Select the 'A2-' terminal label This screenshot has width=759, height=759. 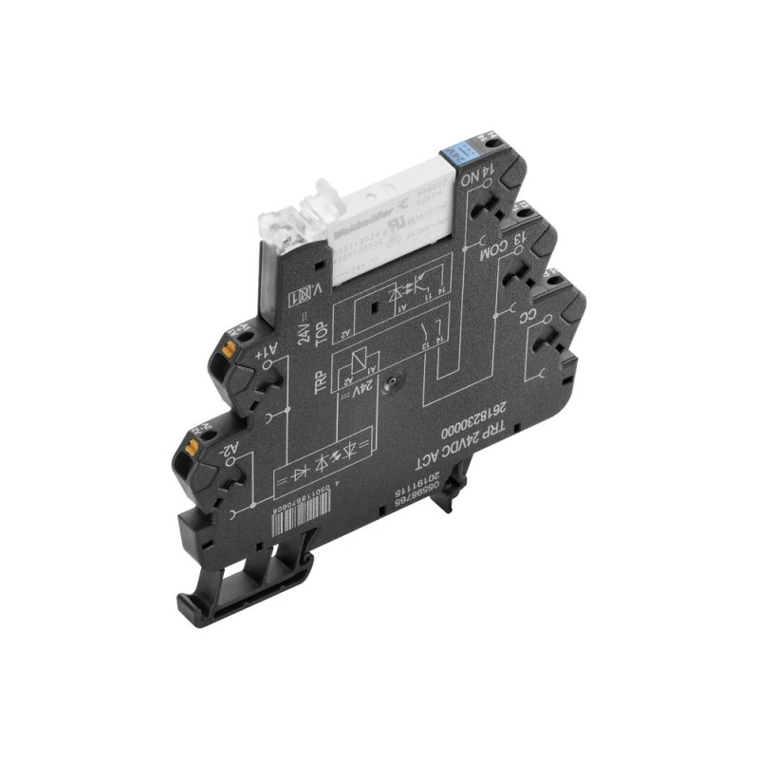coord(232,453)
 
